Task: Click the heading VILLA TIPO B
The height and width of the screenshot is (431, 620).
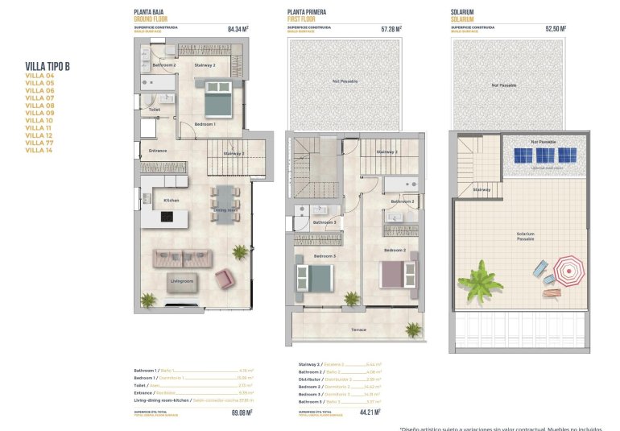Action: coord(47,66)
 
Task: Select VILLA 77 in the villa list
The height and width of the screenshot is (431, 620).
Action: coord(39,143)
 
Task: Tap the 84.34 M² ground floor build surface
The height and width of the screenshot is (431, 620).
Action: coord(238,29)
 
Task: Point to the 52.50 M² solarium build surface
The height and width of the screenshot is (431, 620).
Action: coord(556,29)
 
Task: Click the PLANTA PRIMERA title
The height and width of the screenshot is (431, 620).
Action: coord(307,12)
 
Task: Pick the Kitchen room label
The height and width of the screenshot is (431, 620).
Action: coord(172,200)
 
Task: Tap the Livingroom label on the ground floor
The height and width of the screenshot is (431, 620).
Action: coord(182,281)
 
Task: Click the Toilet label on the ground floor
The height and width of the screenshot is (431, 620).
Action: coord(154,110)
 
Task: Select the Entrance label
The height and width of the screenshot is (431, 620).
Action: coord(158,151)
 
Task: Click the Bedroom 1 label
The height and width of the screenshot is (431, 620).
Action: coord(205,124)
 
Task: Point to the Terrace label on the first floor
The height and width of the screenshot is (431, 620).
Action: coord(358,329)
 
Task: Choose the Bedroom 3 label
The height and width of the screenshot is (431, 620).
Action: coord(324,255)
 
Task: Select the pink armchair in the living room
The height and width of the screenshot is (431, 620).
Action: coord(224,279)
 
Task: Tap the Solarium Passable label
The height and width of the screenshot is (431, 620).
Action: coord(525,236)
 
